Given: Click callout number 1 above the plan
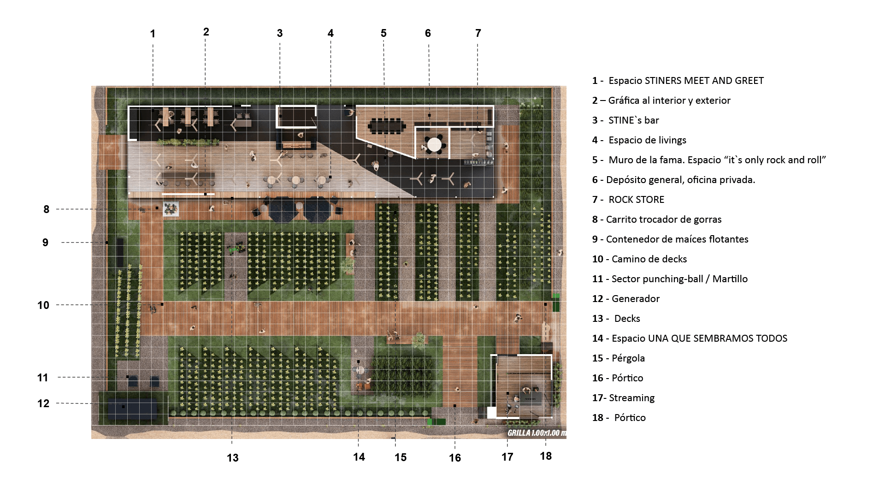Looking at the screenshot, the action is pos(153,34).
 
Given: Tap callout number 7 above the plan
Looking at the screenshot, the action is pos(478,33).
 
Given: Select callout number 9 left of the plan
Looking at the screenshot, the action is pos(45,243).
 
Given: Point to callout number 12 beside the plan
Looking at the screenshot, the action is pos(43,403).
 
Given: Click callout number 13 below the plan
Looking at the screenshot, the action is pos(233,458).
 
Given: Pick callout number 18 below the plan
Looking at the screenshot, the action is pos(546,456).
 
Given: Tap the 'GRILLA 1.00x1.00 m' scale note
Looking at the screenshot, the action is pos(536,433).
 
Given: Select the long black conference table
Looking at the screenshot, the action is pos(386,125).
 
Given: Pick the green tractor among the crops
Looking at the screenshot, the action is pos(237,249).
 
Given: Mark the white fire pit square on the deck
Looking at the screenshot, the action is pos(171,209).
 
